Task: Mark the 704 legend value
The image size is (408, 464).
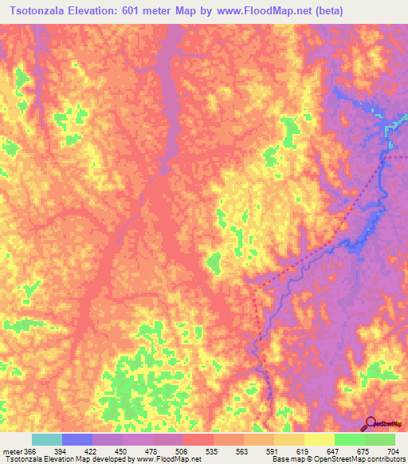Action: (393, 451)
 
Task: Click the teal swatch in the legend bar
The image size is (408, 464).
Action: (47, 439)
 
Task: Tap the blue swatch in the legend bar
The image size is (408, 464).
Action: (77, 439)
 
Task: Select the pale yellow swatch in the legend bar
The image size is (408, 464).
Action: (319, 439)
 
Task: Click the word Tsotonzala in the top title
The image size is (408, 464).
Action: (37, 11)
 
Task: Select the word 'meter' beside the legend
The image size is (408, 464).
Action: (11, 451)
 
